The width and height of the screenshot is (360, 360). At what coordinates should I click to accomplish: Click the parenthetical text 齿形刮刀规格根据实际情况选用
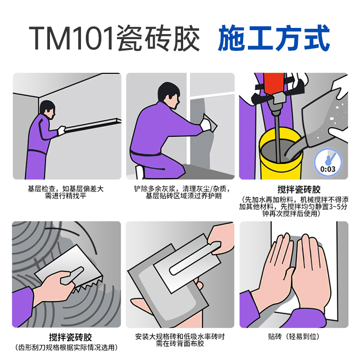66,347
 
